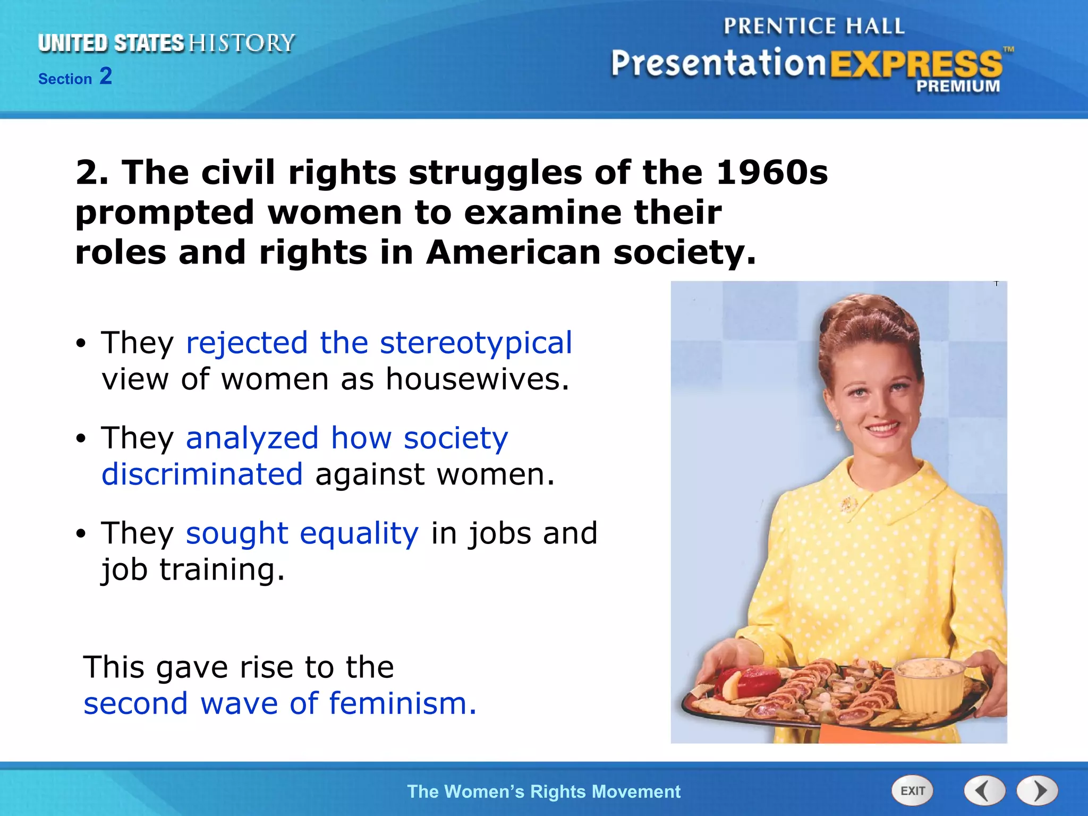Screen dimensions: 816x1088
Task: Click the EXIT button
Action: pyautogui.click(x=912, y=790)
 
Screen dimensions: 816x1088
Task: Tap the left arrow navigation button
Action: pyautogui.click(x=984, y=790)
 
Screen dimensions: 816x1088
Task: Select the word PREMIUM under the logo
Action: pyautogui.click(x=958, y=86)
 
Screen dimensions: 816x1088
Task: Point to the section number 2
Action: pyautogui.click(x=106, y=76)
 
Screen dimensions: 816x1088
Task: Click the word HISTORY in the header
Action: pyautogui.click(x=242, y=43)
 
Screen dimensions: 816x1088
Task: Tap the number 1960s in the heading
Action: pyautogui.click(x=771, y=173)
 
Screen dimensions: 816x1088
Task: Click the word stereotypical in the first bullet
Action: pyautogui.click(x=476, y=342)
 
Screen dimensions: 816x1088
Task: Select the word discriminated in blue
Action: pyautogui.click(x=202, y=474)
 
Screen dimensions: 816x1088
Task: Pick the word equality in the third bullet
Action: pyautogui.click(x=359, y=533)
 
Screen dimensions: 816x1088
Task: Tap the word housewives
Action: pyautogui.click(x=477, y=379)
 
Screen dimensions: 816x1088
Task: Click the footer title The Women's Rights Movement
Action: pyautogui.click(x=543, y=792)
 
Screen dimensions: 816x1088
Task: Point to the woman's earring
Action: pyautogui.click(x=839, y=426)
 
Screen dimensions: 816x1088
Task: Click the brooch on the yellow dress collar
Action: pyautogui.click(x=848, y=503)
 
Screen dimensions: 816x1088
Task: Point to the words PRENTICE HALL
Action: pyautogui.click(x=813, y=26)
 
